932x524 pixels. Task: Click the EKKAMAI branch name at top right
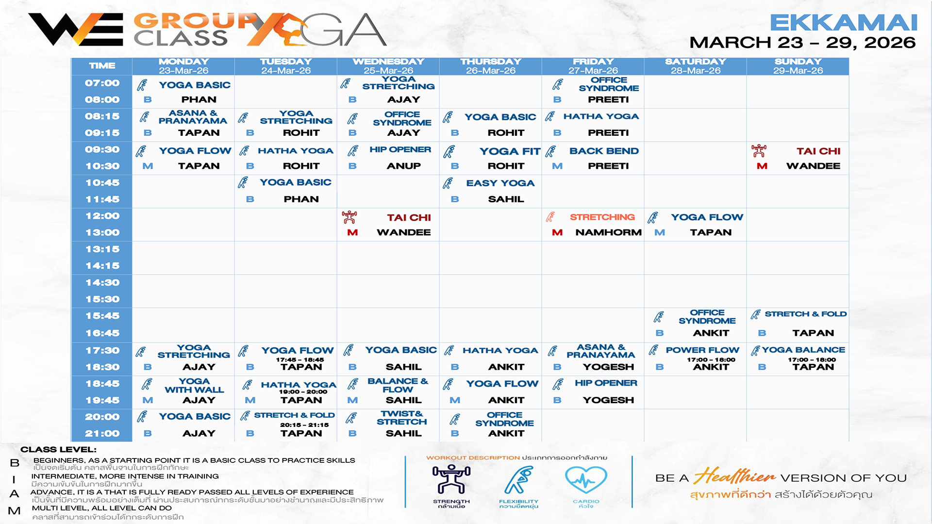click(843, 22)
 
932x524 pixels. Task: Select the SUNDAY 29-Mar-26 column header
click(798, 66)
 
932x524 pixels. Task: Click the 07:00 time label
click(102, 83)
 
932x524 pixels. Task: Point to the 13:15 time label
click(102, 249)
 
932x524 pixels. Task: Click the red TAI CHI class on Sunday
click(818, 151)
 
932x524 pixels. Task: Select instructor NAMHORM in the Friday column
click(608, 232)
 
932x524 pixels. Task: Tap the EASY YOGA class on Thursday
click(500, 183)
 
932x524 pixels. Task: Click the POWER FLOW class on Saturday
click(702, 350)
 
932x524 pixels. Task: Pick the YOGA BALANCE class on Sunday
click(803, 350)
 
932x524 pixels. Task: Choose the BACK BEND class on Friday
click(604, 151)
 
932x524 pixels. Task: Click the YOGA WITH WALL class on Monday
click(194, 385)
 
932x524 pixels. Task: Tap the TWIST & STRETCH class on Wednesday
click(401, 418)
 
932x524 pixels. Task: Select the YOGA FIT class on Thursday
click(510, 151)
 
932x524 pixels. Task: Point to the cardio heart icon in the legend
click(586, 480)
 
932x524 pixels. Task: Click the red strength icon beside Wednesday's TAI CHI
click(349, 217)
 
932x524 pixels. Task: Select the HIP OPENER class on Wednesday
click(400, 149)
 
